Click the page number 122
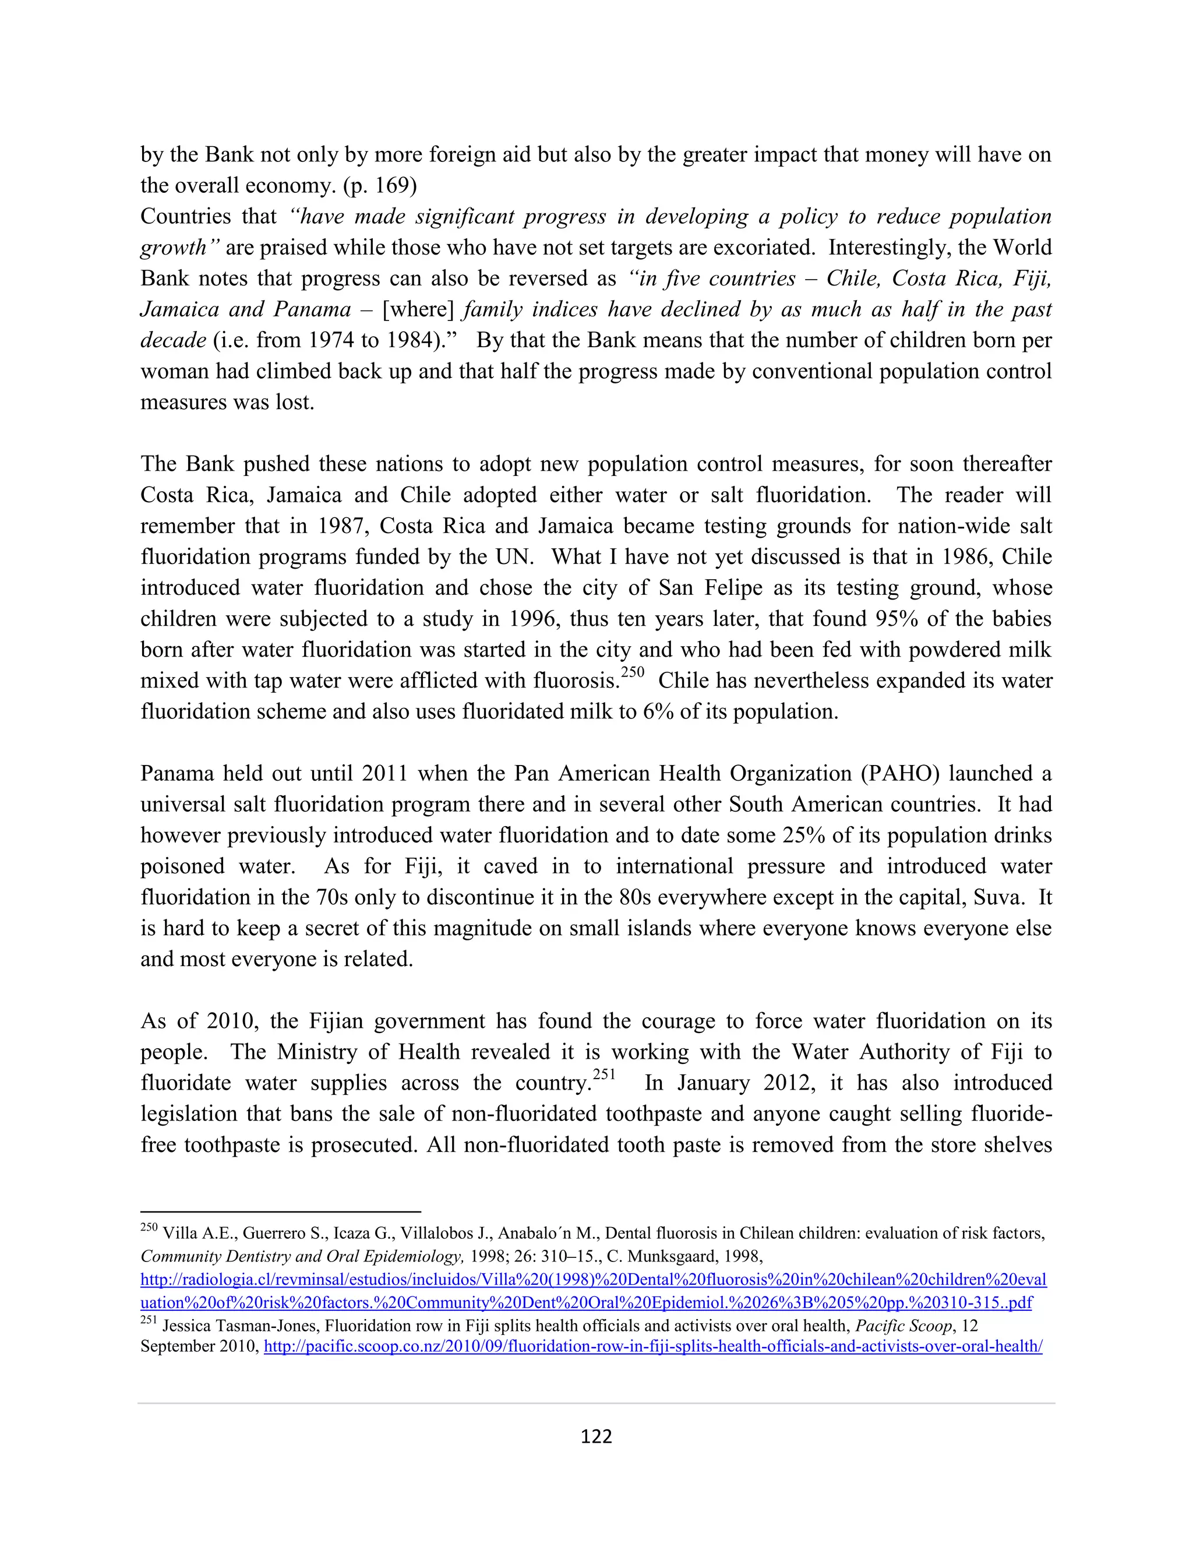596,1437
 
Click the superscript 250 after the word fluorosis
633,672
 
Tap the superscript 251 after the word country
603,1074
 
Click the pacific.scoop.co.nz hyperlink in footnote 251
653,1346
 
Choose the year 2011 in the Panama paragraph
385,773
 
